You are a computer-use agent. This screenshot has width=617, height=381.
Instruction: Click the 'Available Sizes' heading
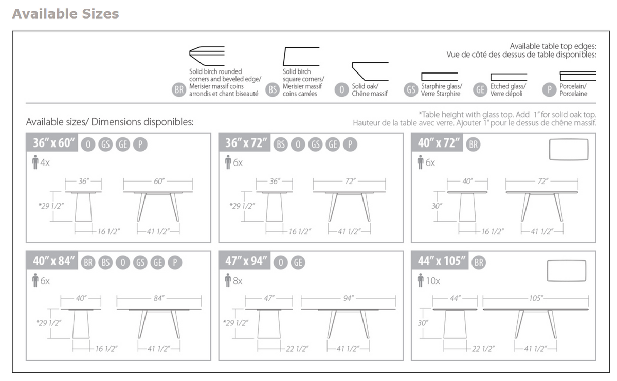(x=65, y=14)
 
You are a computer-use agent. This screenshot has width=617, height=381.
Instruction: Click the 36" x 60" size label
(x=53, y=143)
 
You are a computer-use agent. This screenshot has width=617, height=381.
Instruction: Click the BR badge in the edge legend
(x=179, y=90)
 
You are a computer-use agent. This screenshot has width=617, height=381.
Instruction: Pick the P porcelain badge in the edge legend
(x=550, y=90)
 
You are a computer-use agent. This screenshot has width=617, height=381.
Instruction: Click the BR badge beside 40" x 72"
(x=473, y=144)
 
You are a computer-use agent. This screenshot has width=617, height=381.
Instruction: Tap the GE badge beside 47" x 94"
(x=298, y=263)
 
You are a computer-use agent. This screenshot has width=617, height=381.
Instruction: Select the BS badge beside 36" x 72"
(x=280, y=144)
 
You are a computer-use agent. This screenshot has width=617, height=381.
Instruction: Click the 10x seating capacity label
(x=430, y=281)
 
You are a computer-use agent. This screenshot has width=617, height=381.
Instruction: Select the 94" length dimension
(x=348, y=298)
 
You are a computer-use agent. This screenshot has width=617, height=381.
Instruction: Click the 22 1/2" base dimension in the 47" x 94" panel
(x=297, y=349)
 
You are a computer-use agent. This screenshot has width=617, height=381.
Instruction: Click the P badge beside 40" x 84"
(x=175, y=263)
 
